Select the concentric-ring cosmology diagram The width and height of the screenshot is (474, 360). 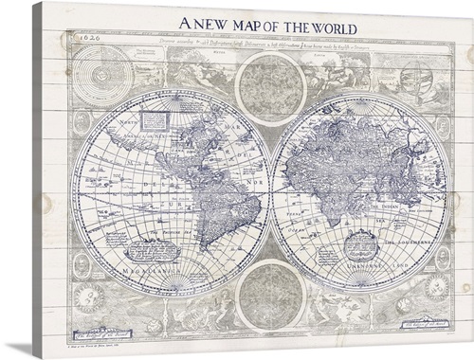click(x=96, y=70)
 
